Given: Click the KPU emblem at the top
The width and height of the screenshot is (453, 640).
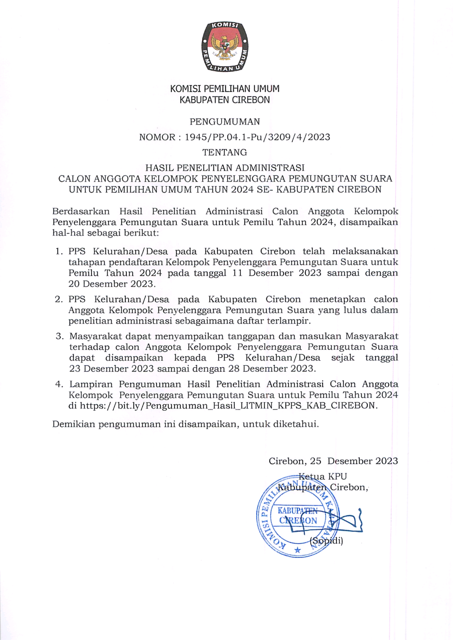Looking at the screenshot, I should point(224,47).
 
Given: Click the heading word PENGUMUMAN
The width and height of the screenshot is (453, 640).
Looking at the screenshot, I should point(225,122).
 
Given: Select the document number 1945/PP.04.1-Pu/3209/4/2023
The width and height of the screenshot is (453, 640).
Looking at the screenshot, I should point(257,137).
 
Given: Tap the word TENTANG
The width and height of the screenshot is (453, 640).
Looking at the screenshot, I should point(225,152).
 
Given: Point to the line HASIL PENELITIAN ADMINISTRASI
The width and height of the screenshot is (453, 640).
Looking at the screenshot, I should point(225,168).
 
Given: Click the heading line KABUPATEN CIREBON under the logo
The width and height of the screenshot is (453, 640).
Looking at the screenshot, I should point(225,100).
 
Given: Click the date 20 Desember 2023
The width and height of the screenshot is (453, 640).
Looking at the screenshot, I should point(112,284).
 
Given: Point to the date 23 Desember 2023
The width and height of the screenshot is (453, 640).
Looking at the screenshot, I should point(112,369).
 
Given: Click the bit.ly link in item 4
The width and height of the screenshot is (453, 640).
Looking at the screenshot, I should point(228,406).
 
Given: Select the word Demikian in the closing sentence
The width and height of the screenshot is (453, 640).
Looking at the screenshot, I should point(73,424).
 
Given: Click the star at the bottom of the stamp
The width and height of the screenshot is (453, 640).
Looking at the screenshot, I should point(298,550).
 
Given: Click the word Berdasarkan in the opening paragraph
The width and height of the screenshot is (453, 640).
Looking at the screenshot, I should point(81,211).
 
